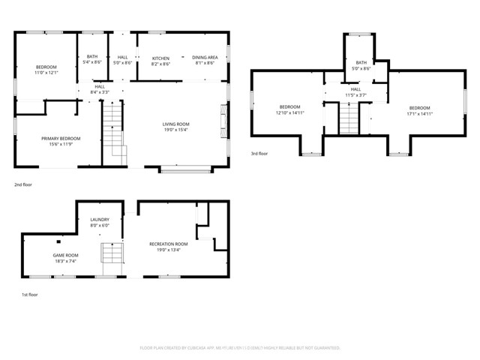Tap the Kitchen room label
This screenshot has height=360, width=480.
[x=161, y=61]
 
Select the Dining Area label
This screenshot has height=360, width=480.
[x=205, y=61]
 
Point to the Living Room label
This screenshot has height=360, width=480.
[x=176, y=127]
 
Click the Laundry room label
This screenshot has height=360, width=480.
[x=100, y=222]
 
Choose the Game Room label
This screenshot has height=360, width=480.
[x=65, y=258]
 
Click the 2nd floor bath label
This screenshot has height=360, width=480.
[x=92, y=59]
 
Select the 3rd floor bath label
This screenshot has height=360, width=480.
[x=361, y=65]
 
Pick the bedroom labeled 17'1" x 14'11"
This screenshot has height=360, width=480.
[x=419, y=110]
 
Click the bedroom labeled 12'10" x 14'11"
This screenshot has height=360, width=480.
[x=289, y=110]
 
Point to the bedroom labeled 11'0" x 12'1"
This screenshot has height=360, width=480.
[x=46, y=70]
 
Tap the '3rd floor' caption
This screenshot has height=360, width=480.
[x=260, y=154]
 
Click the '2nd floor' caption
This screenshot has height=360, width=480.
[x=23, y=184]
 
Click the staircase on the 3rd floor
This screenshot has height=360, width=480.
[x=349, y=118]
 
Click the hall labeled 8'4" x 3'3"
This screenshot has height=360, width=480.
[x=100, y=89]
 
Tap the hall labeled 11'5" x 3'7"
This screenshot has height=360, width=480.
[x=355, y=92]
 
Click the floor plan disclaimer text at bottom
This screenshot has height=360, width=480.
[x=240, y=348]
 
